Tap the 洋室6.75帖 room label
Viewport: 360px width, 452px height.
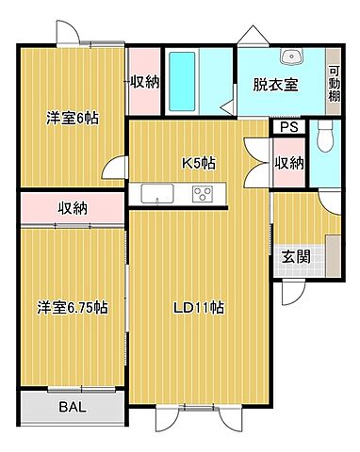[x=73, y=308]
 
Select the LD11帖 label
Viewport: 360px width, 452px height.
[x=197, y=308]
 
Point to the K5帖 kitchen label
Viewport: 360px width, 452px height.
[x=198, y=163]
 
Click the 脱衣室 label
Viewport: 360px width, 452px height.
[x=275, y=84]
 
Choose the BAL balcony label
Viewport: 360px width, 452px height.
[x=72, y=409]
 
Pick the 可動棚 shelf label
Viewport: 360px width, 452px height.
[x=334, y=84]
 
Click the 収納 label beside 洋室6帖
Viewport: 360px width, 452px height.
[x=143, y=82]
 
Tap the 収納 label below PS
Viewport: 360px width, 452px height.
[x=288, y=162]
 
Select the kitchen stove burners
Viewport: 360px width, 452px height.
[x=204, y=194]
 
